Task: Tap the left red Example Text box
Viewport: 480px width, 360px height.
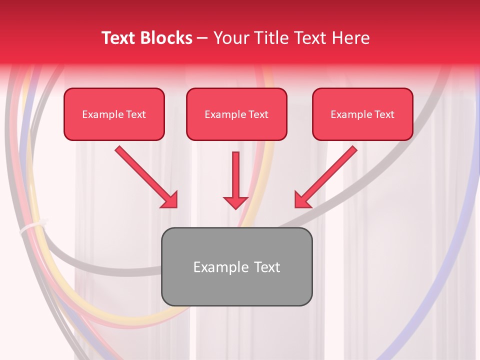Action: pyautogui.click(x=114, y=114)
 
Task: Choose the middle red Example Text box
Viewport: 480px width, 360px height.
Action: pyautogui.click(x=236, y=114)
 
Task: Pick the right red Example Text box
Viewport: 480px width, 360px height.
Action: pyautogui.click(x=362, y=114)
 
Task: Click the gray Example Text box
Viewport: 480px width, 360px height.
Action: pyautogui.click(x=236, y=266)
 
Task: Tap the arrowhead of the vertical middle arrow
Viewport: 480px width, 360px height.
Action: pyautogui.click(x=235, y=202)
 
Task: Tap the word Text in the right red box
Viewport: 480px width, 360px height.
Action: pyautogui.click(x=384, y=114)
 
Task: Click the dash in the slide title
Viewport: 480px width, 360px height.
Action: pyautogui.click(x=202, y=38)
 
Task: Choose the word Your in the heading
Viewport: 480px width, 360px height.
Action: pyautogui.click(x=229, y=38)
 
